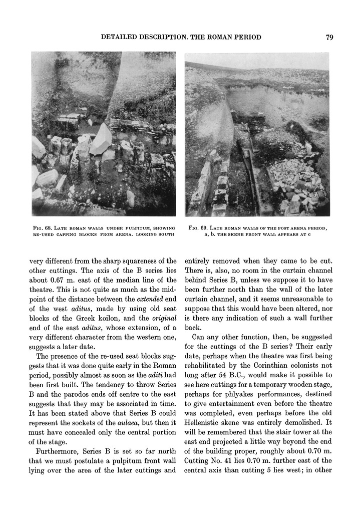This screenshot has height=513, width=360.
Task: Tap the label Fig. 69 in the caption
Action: coord(197,229)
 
